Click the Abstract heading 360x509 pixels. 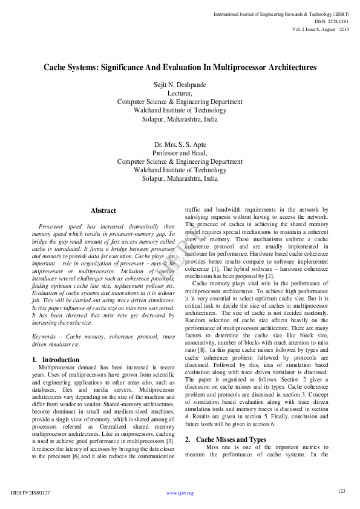[x=103, y=210]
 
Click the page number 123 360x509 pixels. [x=341, y=491]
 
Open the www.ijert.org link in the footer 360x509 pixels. [x=180, y=493]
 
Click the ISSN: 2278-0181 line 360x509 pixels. [x=332, y=21]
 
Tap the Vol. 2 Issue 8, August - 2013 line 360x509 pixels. [x=321, y=28]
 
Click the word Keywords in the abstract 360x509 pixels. [x=47, y=337]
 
